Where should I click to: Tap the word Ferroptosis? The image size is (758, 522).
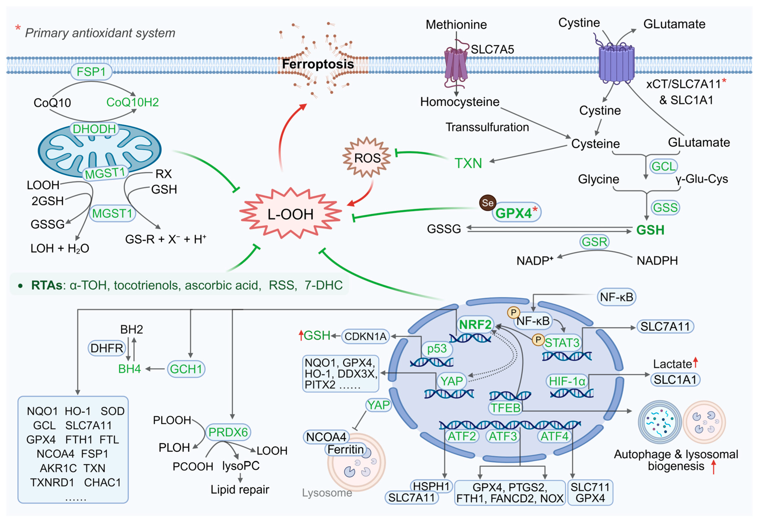(x=318, y=64)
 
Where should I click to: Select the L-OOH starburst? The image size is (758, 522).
(x=290, y=214)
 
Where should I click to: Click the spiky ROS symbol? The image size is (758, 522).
(x=367, y=158)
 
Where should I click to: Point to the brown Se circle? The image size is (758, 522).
(x=487, y=203)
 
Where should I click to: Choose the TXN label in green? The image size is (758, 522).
(x=468, y=163)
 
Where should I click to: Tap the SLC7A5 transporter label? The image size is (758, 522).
(x=492, y=49)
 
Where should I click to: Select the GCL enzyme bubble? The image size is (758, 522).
(x=663, y=166)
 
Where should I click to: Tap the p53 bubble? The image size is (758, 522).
(x=437, y=349)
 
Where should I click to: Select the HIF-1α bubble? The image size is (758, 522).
(x=567, y=381)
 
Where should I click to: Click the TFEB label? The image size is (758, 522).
(x=505, y=408)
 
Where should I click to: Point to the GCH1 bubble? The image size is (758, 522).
(x=186, y=369)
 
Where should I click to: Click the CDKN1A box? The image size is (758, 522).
(x=365, y=336)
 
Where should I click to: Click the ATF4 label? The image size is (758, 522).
(x=554, y=436)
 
